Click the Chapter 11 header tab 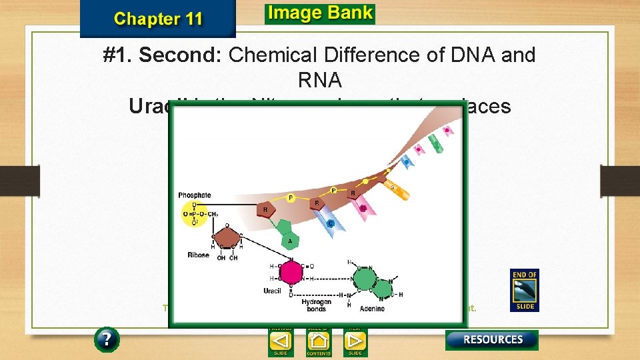coord(158,18)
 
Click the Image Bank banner coord(319,13)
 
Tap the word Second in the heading coord(181,55)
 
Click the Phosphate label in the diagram coord(195,195)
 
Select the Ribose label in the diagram coord(198,255)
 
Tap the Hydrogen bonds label coord(315,305)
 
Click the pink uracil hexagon coord(291,272)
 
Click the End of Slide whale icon coord(524,290)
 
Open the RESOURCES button coord(492,339)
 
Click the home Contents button coord(319,341)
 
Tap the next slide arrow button coord(355,341)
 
